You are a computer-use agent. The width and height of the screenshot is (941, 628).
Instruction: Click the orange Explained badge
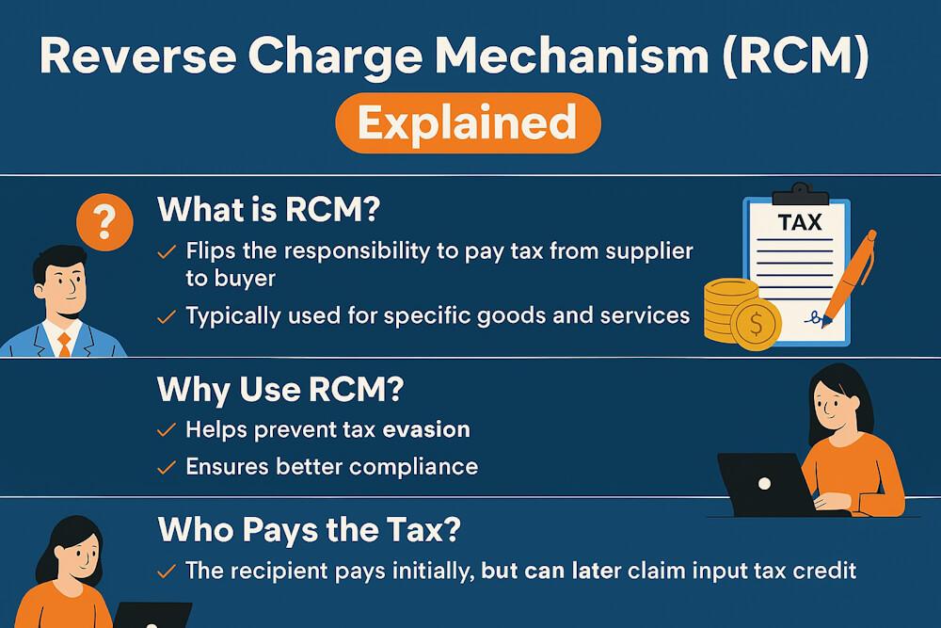coord(467,121)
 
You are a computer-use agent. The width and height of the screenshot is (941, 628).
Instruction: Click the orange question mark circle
coord(105,223)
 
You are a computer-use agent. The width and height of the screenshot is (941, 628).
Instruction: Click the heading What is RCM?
coord(268,209)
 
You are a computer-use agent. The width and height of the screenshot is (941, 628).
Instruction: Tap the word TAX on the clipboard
coord(800,223)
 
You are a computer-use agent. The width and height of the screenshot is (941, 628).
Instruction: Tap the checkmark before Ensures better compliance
coord(166,466)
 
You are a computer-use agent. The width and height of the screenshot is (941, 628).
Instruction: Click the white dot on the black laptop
coord(764,483)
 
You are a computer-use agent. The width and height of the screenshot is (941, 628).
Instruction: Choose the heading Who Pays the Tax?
coord(309,529)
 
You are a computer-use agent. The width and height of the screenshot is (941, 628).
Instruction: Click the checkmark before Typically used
coord(166,317)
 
